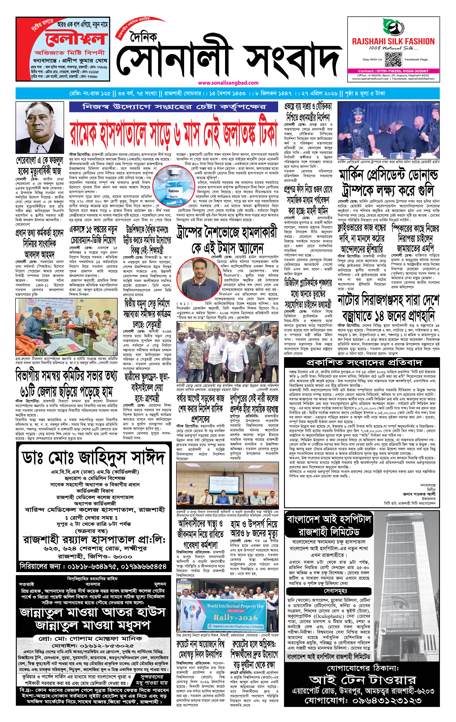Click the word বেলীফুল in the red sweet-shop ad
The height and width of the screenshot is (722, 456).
[x=76, y=39]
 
